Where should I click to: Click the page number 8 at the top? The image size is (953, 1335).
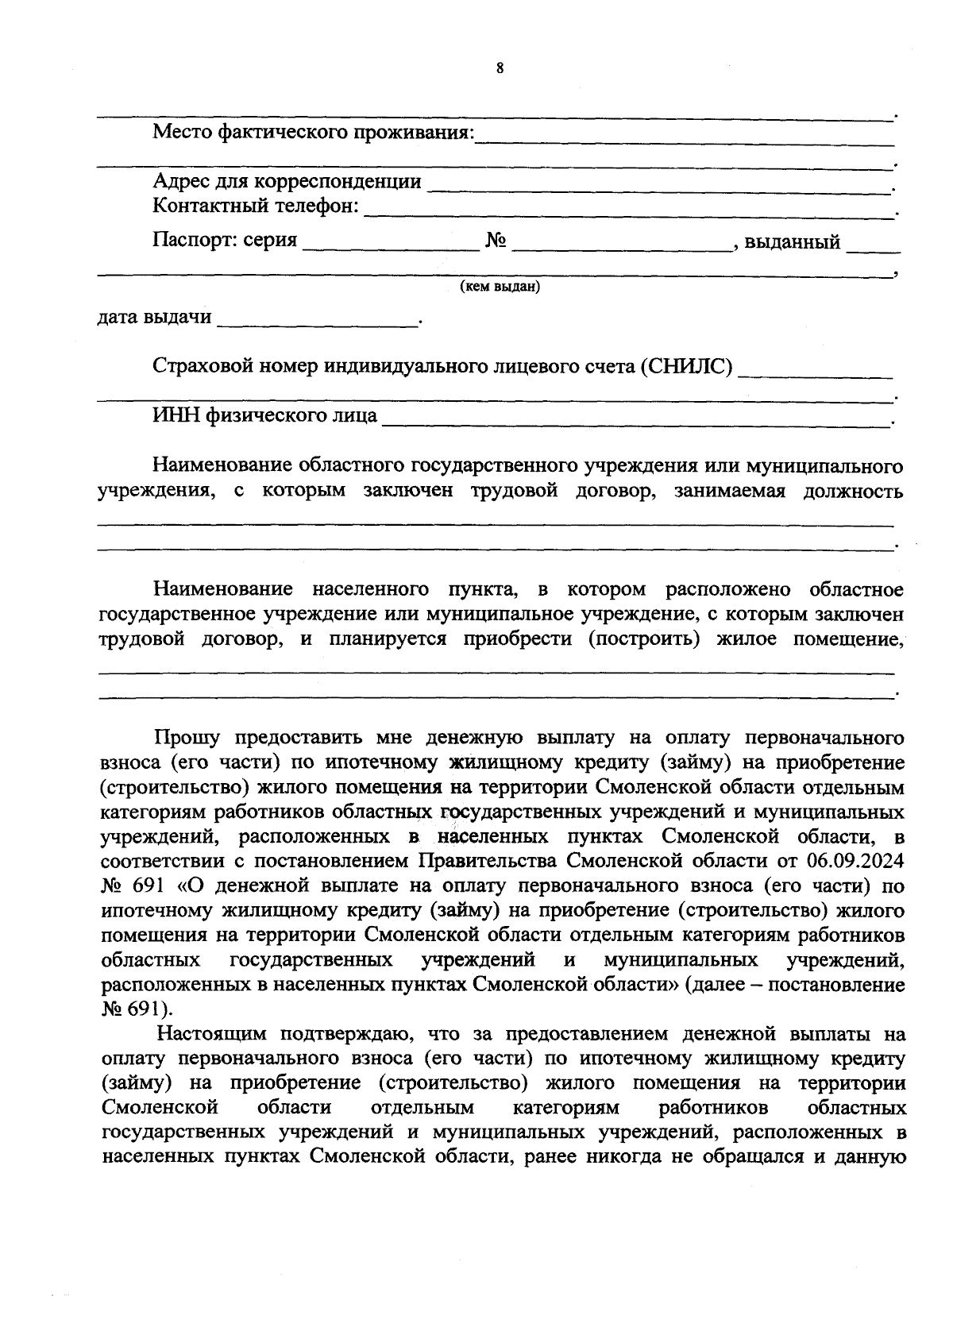click(500, 68)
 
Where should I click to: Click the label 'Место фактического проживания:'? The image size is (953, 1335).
click(313, 132)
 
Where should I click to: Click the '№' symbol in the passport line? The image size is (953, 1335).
click(496, 241)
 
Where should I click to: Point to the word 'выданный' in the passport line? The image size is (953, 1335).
click(792, 241)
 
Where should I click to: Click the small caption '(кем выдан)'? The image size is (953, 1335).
click(500, 287)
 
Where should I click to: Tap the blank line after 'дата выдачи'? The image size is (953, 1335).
click(318, 324)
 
